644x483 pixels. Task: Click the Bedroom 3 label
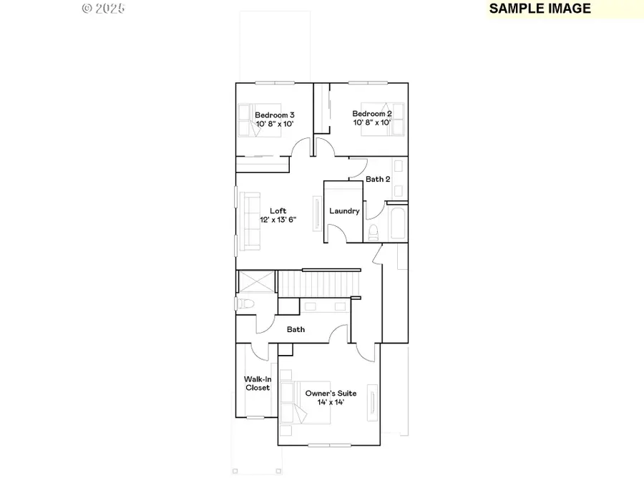tap(275, 114)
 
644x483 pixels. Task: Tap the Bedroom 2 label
tap(372, 114)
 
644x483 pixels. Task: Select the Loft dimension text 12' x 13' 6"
tap(278, 220)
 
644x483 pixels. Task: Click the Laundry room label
tap(344, 211)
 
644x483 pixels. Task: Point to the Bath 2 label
tap(378, 179)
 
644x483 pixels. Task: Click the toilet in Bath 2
tap(374, 232)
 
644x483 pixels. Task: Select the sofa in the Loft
tap(250, 221)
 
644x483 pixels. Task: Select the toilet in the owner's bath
tap(243, 304)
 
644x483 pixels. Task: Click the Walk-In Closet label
tap(258, 383)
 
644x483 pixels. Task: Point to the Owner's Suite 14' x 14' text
tap(331, 398)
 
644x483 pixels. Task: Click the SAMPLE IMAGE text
tap(540, 9)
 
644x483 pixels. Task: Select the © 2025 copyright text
tap(104, 9)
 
